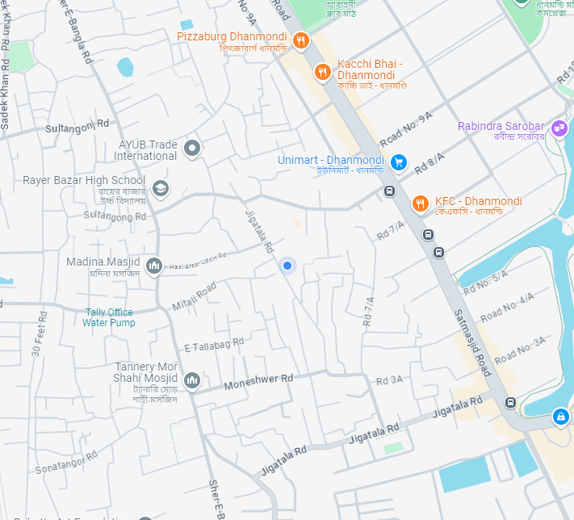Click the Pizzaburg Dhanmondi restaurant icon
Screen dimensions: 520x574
tap(300, 40)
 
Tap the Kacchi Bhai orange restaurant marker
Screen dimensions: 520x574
tap(322, 72)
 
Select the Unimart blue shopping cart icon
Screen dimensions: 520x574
tap(398, 162)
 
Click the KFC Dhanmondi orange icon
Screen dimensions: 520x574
tap(420, 203)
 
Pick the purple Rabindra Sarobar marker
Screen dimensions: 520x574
tap(559, 128)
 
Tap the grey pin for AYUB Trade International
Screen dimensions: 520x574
tap(192, 148)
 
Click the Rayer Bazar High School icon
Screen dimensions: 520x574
tap(161, 188)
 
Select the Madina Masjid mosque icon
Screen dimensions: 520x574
tap(154, 265)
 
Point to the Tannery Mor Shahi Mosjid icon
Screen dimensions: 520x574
tap(192, 380)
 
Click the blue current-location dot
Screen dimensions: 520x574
tap(287, 266)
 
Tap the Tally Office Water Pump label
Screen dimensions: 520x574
tap(109, 317)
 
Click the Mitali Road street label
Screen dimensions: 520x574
tap(194, 296)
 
